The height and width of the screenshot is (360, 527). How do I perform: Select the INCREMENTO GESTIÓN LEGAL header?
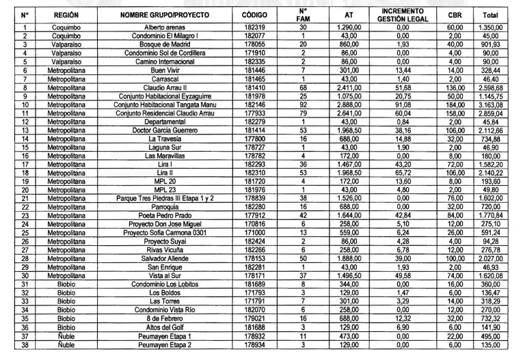402,15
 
